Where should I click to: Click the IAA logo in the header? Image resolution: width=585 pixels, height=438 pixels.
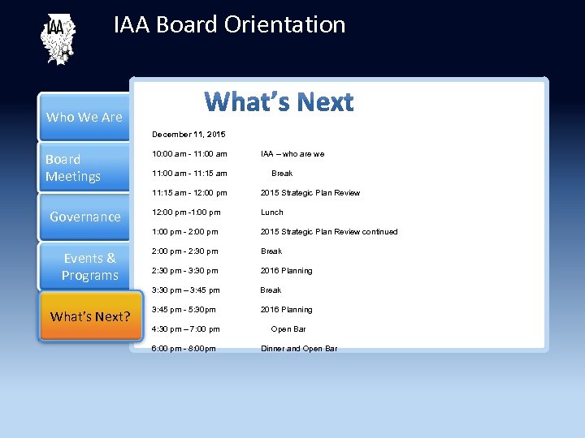[58, 39]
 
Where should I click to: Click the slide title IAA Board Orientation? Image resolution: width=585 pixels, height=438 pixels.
[229, 25]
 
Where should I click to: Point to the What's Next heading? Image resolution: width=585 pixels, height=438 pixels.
[279, 102]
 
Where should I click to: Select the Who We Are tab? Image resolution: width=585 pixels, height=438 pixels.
[84, 117]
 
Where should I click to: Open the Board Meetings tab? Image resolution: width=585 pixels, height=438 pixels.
[84, 168]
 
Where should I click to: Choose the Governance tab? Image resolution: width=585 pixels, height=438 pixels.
[84, 217]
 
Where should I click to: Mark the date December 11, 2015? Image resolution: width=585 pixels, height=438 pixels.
[188, 134]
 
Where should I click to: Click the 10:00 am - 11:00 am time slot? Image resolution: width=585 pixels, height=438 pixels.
[189, 154]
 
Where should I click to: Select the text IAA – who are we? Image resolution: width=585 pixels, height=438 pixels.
[292, 154]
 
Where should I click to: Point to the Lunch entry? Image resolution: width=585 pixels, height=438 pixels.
[271, 213]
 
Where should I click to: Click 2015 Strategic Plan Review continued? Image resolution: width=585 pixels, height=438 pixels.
[328, 232]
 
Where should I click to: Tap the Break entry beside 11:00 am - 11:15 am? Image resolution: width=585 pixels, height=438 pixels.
[282, 174]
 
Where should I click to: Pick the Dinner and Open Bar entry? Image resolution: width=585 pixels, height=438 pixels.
[298, 349]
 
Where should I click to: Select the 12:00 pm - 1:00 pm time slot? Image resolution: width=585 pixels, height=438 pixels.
[186, 213]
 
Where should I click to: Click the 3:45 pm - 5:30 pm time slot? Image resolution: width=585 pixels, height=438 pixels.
[184, 310]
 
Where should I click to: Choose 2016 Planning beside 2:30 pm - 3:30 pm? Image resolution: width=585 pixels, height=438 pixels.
[286, 271]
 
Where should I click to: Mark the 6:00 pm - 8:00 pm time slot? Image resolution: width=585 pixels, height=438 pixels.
[184, 349]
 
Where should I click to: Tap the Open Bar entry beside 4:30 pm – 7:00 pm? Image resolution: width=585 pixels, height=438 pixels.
[288, 329]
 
